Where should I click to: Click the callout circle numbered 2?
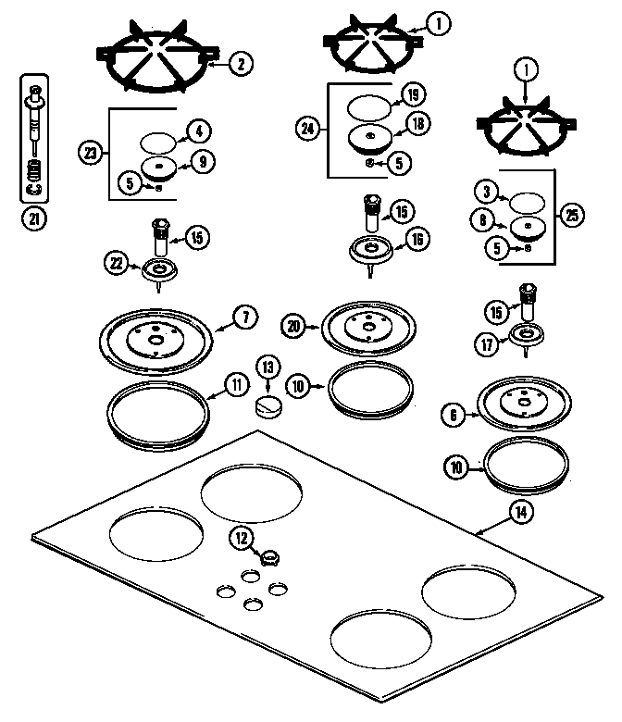(x=240, y=64)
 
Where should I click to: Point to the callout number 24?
(x=307, y=130)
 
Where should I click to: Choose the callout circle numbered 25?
(x=572, y=216)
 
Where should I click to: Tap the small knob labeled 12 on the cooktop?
(x=268, y=557)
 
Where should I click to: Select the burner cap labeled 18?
(x=372, y=138)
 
